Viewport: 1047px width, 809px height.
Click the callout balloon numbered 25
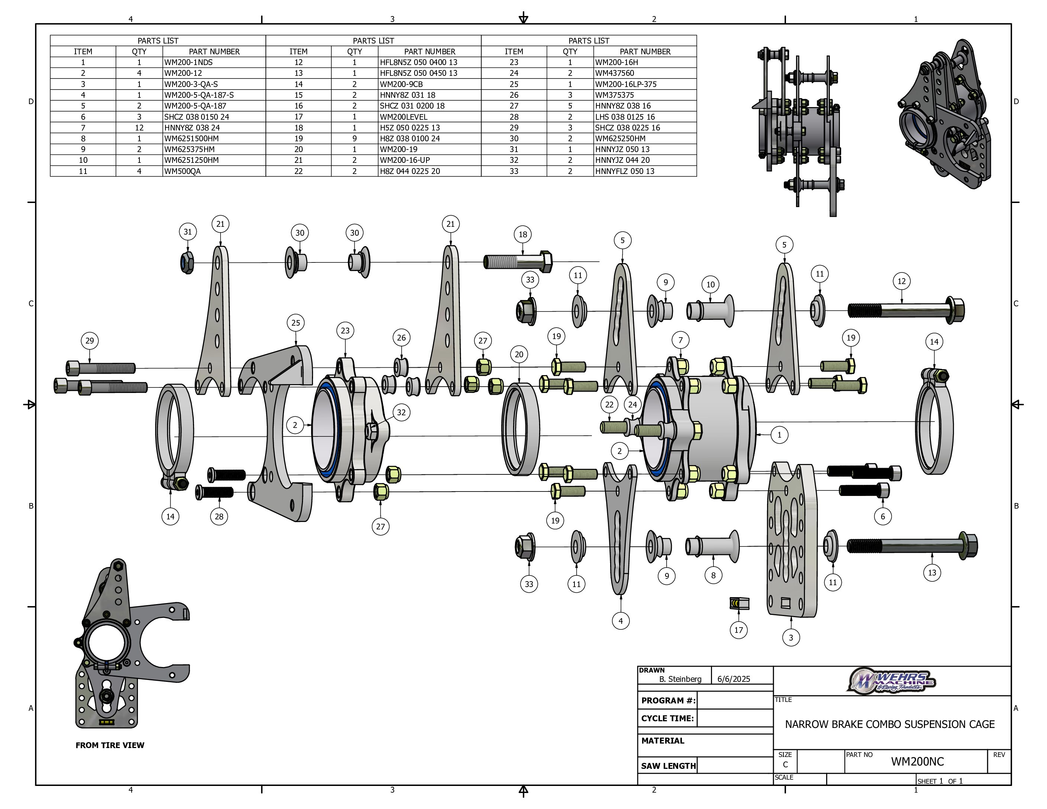coord(296,323)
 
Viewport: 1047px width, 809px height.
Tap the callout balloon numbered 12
coord(901,281)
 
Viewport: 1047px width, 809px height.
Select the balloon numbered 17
coord(738,630)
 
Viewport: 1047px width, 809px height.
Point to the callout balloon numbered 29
coord(90,341)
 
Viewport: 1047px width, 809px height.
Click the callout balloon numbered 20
coord(519,355)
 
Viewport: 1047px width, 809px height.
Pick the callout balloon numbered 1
coord(779,435)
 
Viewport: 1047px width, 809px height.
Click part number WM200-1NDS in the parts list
coord(189,62)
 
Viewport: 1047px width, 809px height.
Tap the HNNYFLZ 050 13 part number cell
coord(624,171)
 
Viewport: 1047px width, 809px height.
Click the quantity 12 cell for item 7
coord(139,128)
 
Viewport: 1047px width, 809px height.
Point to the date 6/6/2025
coord(734,679)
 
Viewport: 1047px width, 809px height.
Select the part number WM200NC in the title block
coord(917,761)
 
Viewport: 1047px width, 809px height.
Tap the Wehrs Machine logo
coord(892,681)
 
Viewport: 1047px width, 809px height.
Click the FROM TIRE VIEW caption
coord(110,745)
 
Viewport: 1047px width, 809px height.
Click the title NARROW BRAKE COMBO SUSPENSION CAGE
coord(889,724)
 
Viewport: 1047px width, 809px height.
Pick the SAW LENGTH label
coord(668,766)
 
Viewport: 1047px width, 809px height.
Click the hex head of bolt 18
coord(545,262)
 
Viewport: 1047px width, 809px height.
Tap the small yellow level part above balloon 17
coord(738,603)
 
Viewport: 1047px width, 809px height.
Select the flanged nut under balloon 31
coord(187,262)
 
